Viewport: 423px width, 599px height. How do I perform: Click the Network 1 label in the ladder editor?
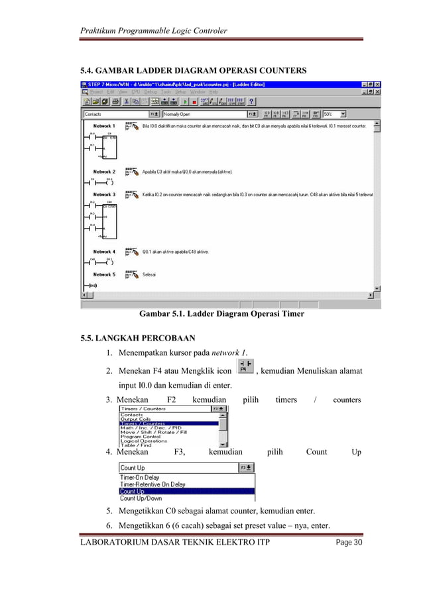point(104,126)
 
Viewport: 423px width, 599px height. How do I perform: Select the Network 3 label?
point(104,195)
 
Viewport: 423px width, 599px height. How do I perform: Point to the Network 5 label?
point(104,274)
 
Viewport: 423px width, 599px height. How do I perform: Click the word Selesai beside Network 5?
point(149,274)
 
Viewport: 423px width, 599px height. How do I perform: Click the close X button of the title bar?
point(377,84)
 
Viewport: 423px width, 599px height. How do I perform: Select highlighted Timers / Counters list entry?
point(168,423)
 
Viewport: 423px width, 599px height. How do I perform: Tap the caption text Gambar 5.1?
point(161,314)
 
